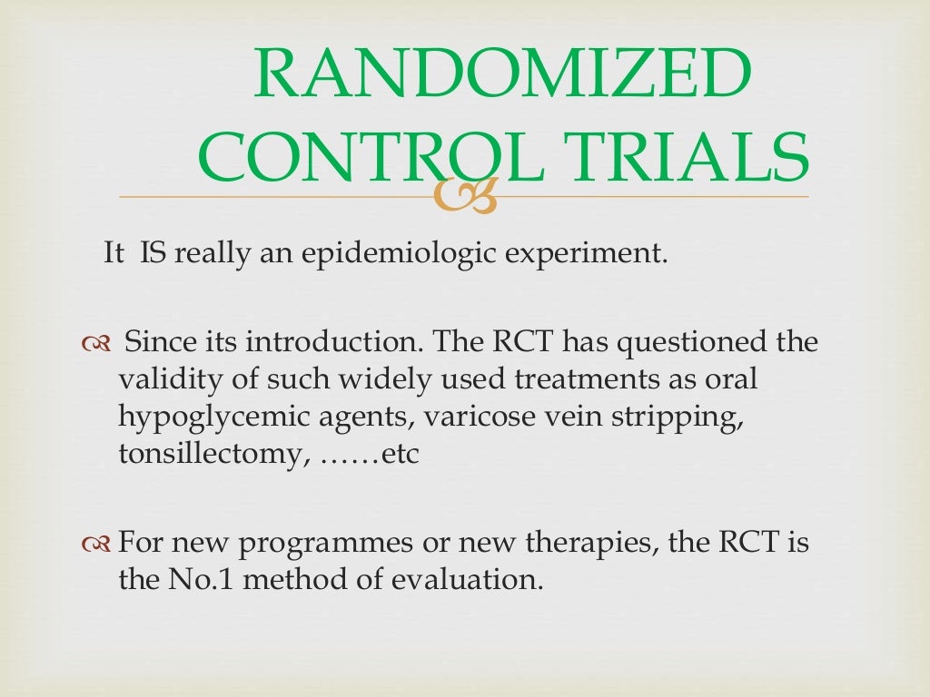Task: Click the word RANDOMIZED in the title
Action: coord(501,76)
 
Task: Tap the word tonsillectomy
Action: coord(205,453)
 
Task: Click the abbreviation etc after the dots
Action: coord(400,453)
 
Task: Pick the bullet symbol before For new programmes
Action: coord(94,545)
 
